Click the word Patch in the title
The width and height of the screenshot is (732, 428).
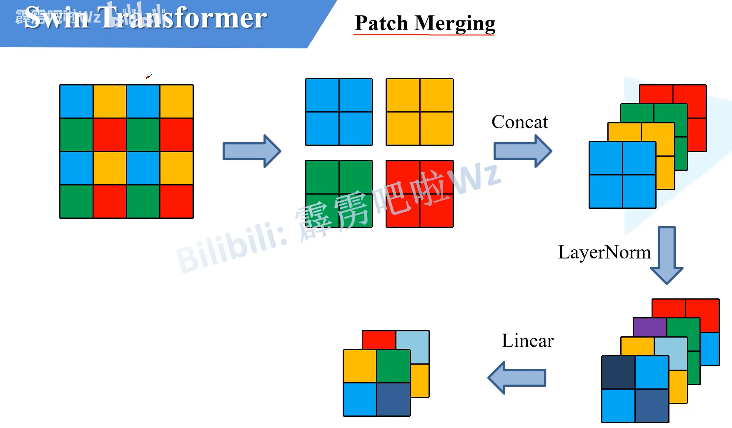pyautogui.click(x=381, y=23)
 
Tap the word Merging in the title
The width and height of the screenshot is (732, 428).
pyautogui.click(x=455, y=24)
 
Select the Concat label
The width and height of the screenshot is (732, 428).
pyautogui.click(x=519, y=122)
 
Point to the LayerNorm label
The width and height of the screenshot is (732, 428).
pyautogui.click(x=604, y=253)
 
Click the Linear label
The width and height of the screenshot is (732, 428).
pyautogui.click(x=527, y=341)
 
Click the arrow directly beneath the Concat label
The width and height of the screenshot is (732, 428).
pyautogui.click(x=522, y=151)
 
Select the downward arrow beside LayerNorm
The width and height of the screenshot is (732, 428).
pyautogui.click(x=666, y=255)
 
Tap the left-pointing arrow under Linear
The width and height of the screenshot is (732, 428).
pyautogui.click(x=517, y=378)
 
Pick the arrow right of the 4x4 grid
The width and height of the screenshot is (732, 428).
pyautogui.click(x=252, y=151)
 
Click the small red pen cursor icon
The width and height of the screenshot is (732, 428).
pyautogui.click(x=149, y=75)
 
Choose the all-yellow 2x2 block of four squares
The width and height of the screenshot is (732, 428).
pyautogui.click(x=419, y=112)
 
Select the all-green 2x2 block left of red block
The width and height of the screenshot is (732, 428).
pyautogui.click(x=338, y=194)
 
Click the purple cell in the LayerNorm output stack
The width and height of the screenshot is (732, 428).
pyautogui.click(x=649, y=327)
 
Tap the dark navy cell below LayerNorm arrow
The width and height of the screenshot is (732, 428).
pyautogui.click(x=618, y=372)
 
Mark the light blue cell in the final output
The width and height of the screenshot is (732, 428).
pyautogui.click(x=413, y=346)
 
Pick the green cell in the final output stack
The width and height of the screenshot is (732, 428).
pyautogui.click(x=393, y=366)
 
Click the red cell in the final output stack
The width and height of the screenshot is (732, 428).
pyautogui.click(x=379, y=340)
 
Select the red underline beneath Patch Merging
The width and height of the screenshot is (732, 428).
pyautogui.click(x=424, y=35)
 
